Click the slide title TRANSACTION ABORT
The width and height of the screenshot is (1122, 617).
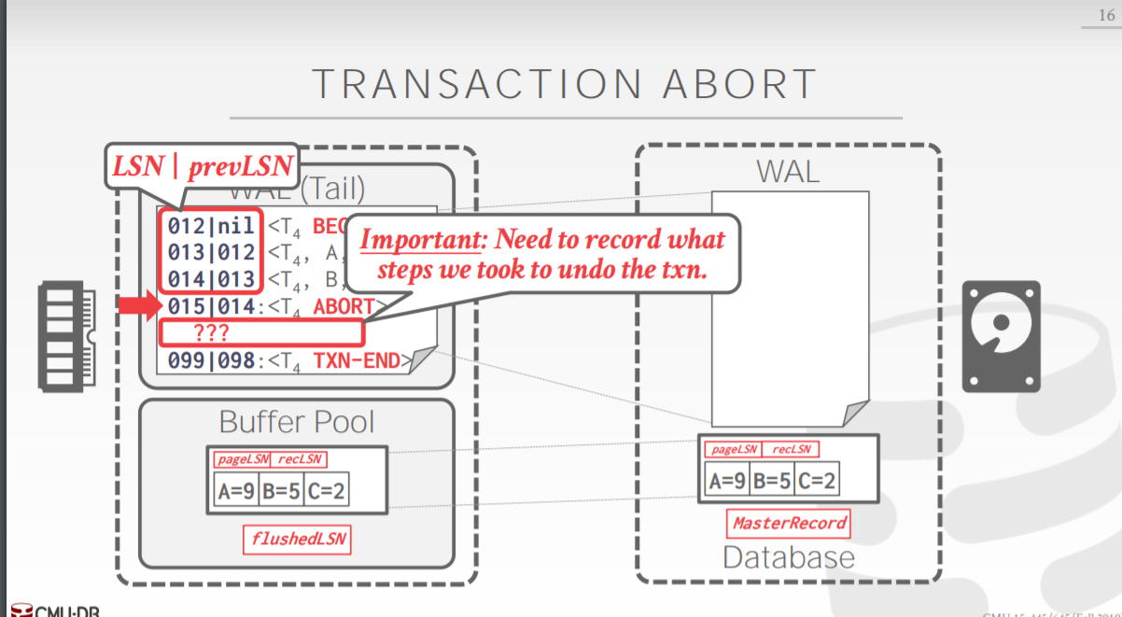[566, 84]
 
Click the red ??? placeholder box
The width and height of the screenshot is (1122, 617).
[260, 332]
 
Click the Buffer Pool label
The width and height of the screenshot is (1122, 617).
[297, 422]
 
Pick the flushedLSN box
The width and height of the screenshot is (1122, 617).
[297, 539]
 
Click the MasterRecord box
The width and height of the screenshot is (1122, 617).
[789, 523]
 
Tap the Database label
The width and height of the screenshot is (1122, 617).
[789, 557]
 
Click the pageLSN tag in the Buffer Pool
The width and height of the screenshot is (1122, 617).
[242, 459]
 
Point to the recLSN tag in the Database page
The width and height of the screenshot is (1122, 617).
[790, 450]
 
